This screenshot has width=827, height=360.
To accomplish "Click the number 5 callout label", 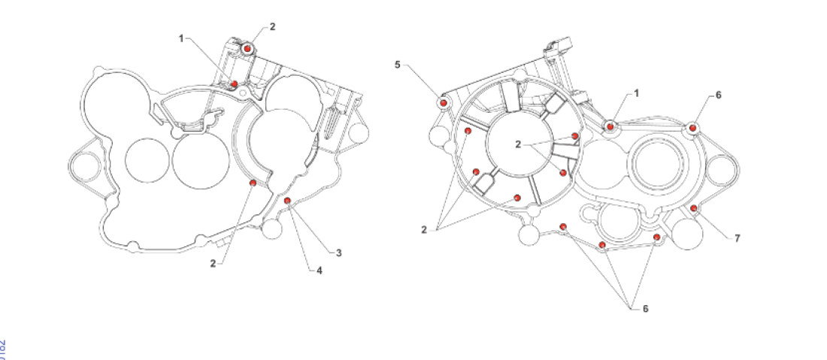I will click(x=398, y=65).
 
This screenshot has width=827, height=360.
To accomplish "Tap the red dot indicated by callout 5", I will click(x=444, y=101).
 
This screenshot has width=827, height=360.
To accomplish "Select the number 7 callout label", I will click(x=738, y=238).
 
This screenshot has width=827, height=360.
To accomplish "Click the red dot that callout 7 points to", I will click(x=693, y=207).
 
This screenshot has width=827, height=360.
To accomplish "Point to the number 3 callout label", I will click(x=339, y=253).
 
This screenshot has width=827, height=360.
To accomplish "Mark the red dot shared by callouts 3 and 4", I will click(x=287, y=200).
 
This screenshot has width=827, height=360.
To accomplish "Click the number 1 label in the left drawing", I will click(x=181, y=38).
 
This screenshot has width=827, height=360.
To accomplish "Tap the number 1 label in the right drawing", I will click(x=636, y=92).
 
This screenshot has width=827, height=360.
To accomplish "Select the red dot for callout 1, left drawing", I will click(x=235, y=83).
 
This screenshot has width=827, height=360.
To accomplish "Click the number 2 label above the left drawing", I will click(x=272, y=26).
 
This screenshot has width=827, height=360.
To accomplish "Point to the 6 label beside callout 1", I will click(x=718, y=95).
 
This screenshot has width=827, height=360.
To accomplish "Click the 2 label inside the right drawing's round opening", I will click(x=518, y=145).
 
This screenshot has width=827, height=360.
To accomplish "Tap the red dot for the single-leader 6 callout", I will click(x=692, y=129).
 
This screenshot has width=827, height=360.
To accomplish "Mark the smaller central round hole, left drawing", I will click(x=147, y=161).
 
